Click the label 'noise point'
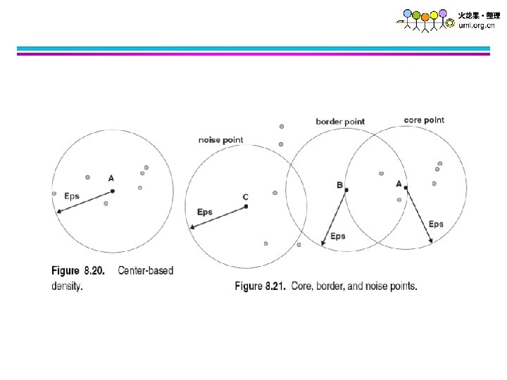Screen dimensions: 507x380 pyautogui.click(x=220, y=140)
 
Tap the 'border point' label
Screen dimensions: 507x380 pyautogui.click(x=340, y=122)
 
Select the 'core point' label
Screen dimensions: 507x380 pyautogui.click(x=424, y=120)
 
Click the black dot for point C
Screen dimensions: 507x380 pyautogui.click(x=245, y=205)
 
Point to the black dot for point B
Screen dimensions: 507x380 pyautogui.click(x=346, y=190)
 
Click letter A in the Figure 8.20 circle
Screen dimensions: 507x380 pyautogui.click(x=111, y=179)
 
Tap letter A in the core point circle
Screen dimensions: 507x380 pyautogui.click(x=399, y=183)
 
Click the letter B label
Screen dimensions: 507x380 pyautogui.click(x=339, y=185)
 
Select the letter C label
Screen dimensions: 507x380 pyautogui.click(x=245, y=197)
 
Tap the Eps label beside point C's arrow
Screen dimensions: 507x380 pyautogui.click(x=205, y=212)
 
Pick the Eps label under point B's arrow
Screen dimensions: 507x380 pyautogui.click(x=338, y=236)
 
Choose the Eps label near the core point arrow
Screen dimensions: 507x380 pyautogui.click(x=436, y=224)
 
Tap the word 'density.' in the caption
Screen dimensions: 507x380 pyautogui.click(x=67, y=286)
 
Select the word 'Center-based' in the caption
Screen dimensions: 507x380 pyautogui.click(x=146, y=270)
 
